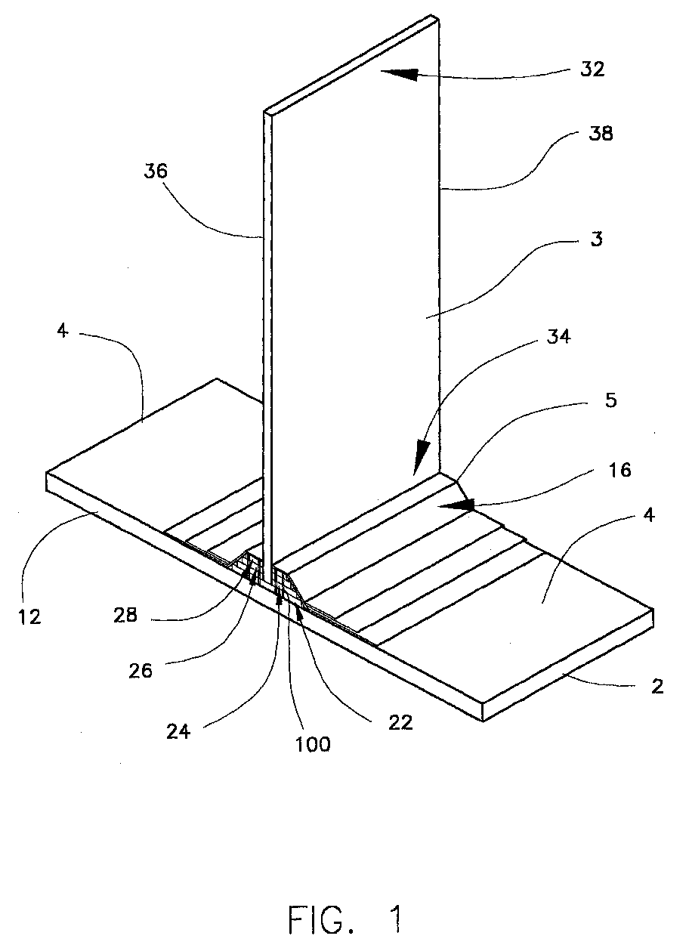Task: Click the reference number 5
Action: tap(611, 400)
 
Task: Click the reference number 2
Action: tap(657, 687)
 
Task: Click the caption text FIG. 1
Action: tap(345, 919)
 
